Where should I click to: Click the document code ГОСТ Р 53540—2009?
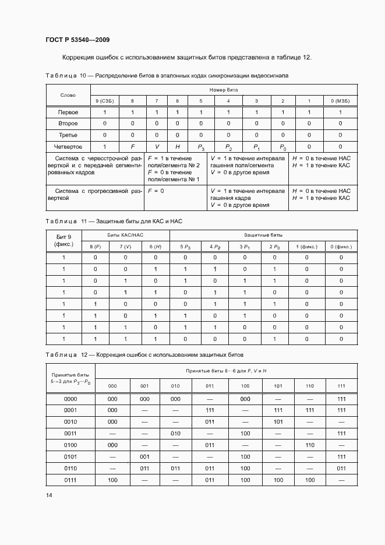click(77, 40)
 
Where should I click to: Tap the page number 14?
click(49, 495)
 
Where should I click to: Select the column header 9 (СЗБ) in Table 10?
click(104, 101)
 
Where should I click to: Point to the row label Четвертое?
click(68, 147)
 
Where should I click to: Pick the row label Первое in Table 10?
click(68, 112)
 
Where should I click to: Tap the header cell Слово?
click(68, 95)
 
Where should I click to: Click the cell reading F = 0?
click(156, 191)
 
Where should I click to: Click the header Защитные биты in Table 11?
click(263, 234)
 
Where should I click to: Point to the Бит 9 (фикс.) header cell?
click(63, 240)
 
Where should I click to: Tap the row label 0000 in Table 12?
click(70, 399)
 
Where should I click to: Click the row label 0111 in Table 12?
click(70, 479)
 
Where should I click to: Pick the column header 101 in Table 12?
click(278, 386)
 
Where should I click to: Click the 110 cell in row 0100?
click(310, 445)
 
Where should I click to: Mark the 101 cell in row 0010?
click(278, 421)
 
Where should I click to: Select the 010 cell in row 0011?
click(176, 433)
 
